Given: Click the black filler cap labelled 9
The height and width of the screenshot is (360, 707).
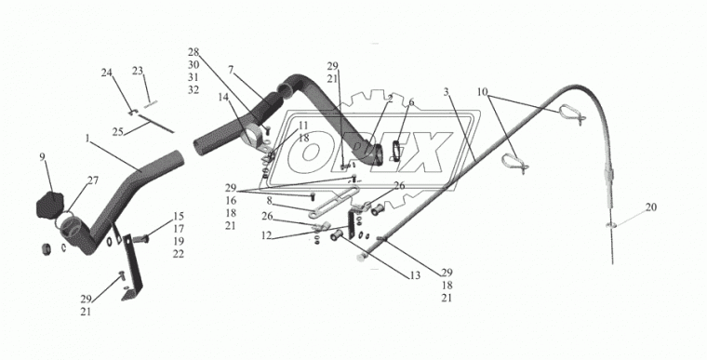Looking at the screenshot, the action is tap(49, 205).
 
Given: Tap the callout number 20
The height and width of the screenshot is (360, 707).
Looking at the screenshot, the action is tap(650, 207).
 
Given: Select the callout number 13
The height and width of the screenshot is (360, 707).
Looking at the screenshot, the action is tap(415, 275).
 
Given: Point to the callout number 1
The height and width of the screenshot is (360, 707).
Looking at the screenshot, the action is tap(87, 139).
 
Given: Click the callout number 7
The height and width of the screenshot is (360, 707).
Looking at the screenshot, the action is tap(231, 70).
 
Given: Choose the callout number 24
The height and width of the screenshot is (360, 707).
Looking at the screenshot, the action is tap(106, 73).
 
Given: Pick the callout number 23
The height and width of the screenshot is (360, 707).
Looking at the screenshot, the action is tap(138, 71).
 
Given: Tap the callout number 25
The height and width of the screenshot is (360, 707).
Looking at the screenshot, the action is tap(118, 132).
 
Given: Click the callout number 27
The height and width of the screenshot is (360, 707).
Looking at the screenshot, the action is tap(93, 180).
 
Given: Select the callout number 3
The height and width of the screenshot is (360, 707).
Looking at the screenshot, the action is tap(446, 92).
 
